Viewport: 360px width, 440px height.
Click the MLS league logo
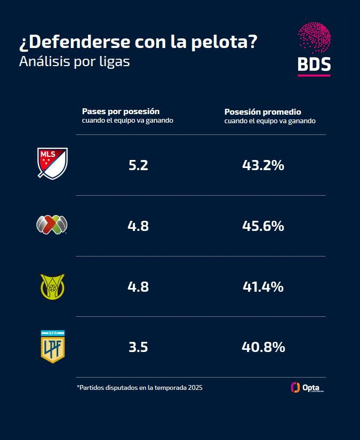tap(52, 163)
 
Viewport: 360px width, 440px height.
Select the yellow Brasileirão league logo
tap(52, 286)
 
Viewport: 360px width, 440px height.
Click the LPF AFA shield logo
tap(52, 347)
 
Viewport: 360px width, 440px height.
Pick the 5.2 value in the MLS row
tap(138, 165)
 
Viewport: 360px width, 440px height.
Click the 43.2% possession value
tap(263, 165)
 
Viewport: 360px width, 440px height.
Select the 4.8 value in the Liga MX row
tap(138, 226)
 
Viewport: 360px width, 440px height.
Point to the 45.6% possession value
tap(263, 226)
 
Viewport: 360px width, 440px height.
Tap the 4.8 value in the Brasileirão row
tap(138, 287)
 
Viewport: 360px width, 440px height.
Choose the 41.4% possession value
tap(263, 287)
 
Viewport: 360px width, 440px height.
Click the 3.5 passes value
tap(138, 348)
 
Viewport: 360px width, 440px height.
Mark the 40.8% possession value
tap(263, 348)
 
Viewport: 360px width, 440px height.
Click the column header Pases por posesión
tap(121, 111)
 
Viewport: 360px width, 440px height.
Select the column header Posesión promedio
tap(263, 112)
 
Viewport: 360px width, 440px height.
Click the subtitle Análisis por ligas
tap(74, 61)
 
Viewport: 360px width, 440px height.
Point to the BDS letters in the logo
tap(314, 64)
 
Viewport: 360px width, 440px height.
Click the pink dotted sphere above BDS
tap(314, 38)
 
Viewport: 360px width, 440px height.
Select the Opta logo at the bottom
tap(307, 388)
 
